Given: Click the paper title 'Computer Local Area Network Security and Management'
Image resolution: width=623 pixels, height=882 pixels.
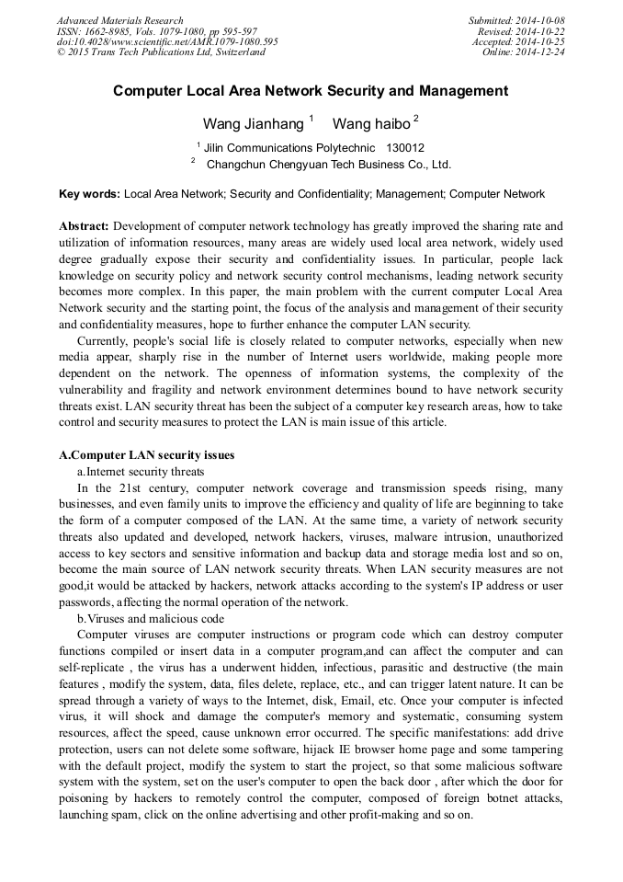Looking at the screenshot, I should [x=311, y=91].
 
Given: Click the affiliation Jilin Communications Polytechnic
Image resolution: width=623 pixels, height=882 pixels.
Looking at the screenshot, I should [x=289, y=147].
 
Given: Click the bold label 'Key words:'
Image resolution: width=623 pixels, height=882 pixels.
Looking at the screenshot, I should [x=89, y=194].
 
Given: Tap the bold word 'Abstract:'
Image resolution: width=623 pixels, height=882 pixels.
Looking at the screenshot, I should [x=85, y=225].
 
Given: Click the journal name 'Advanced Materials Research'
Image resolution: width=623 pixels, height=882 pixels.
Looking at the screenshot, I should [x=119, y=20].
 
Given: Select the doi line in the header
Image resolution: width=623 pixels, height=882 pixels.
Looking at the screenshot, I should [x=167, y=42].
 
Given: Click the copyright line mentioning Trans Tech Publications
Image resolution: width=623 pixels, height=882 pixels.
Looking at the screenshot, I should [x=161, y=52].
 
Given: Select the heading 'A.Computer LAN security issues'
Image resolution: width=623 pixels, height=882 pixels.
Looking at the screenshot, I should [x=146, y=455].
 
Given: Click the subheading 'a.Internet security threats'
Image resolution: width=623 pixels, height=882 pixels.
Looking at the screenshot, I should [x=141, y=471].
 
